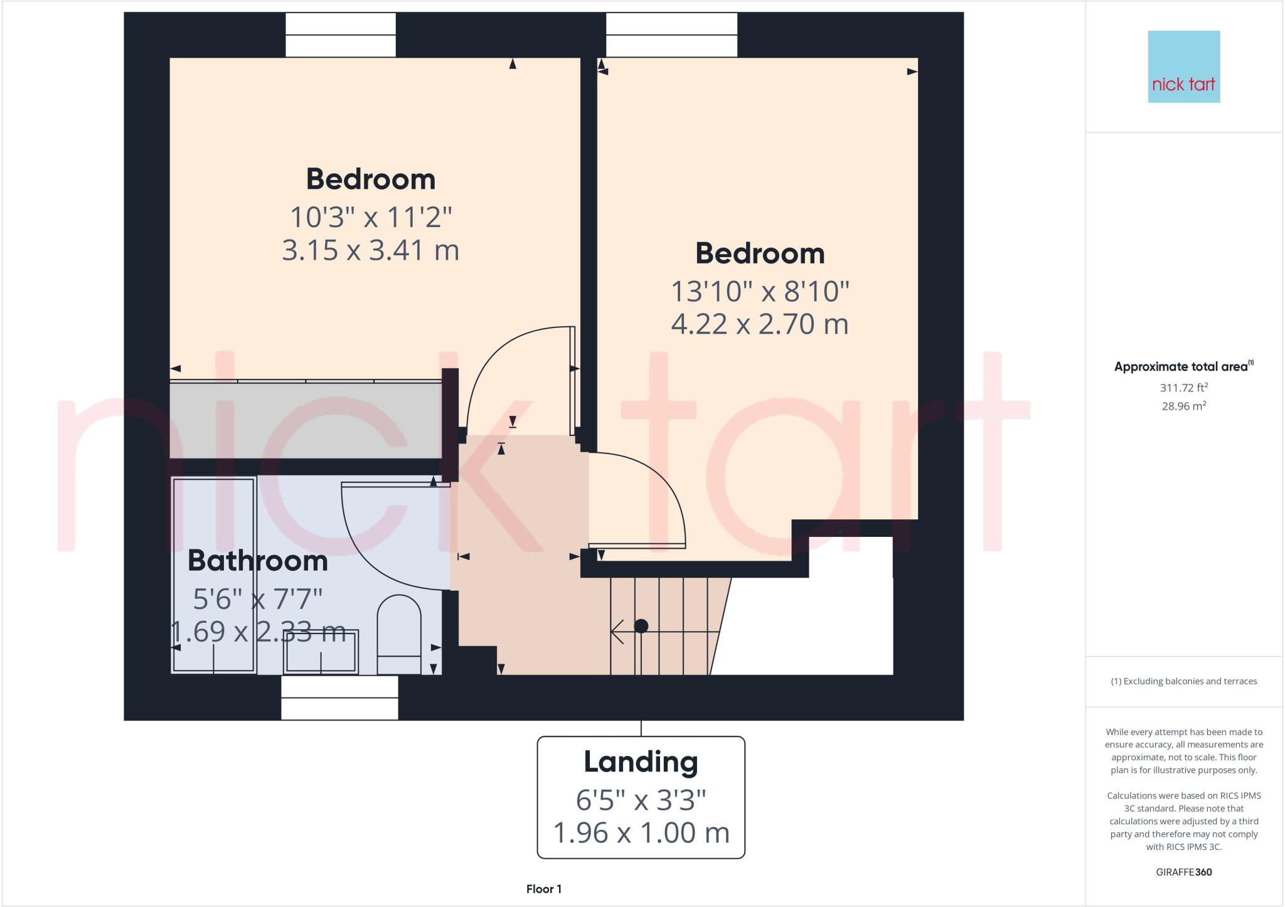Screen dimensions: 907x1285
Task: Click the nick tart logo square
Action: pos(1183,66)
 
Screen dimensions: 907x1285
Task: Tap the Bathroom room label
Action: pos(257,560)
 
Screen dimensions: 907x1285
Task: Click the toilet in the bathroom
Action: pos(399,634)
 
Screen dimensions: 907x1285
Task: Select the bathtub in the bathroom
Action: pos(213,575)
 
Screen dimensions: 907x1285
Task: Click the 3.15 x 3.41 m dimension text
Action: pos(370,250)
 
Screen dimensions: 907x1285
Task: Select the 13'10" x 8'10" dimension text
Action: pos(760,292)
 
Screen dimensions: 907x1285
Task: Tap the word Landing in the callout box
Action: pos(641,761)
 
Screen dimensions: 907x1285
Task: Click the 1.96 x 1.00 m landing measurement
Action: pos(641,833)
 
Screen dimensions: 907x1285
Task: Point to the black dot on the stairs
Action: pos(641,626)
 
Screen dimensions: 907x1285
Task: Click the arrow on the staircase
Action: pos(618,632)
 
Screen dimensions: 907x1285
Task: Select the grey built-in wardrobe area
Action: pos(306,420)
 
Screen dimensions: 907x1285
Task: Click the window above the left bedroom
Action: pos(341,35)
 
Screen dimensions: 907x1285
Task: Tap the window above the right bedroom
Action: pos(671,35)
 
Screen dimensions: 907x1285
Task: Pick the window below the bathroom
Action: pos(339,697)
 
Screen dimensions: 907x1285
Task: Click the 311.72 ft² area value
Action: pos(1183,388)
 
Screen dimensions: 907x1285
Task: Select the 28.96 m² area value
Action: pos(1183,406)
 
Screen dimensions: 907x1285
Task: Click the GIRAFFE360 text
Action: pos(1183,872)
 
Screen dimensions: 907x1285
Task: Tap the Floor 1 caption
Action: pos(543,889)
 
